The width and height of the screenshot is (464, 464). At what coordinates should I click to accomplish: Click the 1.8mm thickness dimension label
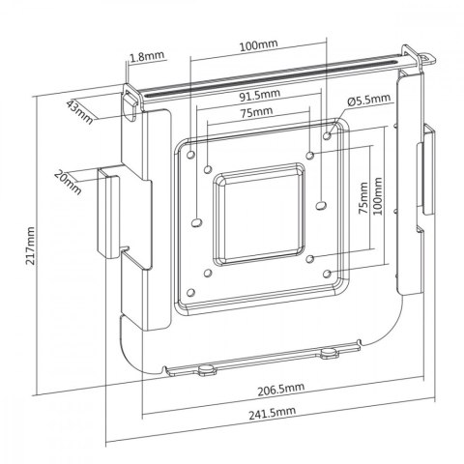pos(142,57)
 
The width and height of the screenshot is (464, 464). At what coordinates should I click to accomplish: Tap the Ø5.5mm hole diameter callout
pos(371,100)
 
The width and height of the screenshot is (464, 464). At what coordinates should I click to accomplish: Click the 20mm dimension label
pos(69,179)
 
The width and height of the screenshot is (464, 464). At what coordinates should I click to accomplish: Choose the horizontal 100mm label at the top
pos(258,45)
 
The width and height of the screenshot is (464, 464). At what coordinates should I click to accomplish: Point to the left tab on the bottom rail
pos(205,368)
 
